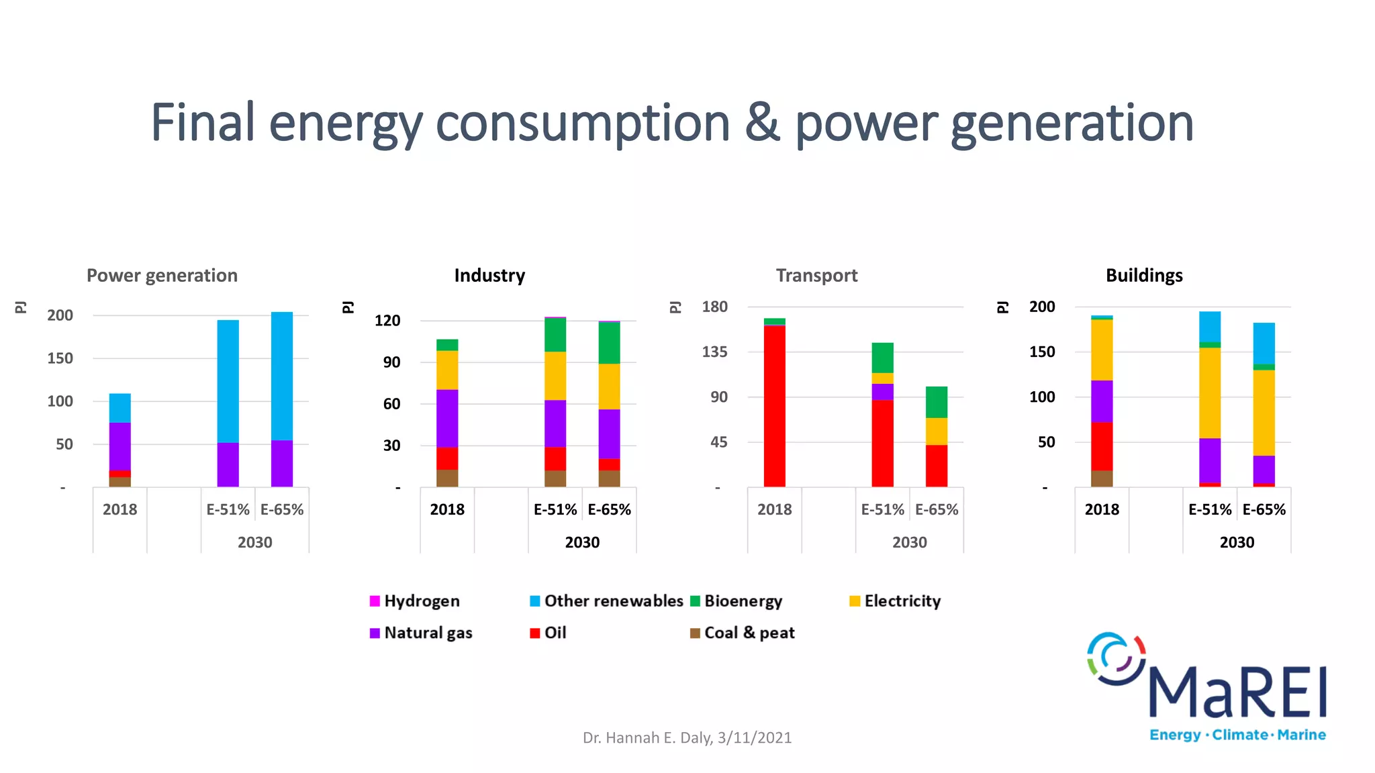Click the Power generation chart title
tap(162, 276)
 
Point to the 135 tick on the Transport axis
tap(714, 352)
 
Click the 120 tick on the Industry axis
tap(387, 321)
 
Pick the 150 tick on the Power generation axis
tap(60, 358)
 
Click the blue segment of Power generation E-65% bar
tap(282, 376)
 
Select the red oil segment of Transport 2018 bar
tap(774, 406)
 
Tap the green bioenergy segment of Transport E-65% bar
tap(936, 402)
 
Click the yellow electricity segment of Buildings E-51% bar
tap(1210, 393)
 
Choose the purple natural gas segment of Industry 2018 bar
tap(447, 418)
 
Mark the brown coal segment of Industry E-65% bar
tap(609, 478)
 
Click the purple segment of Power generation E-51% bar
tap(228, 464)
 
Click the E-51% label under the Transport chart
tap(882, 510)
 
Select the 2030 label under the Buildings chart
tap(1237, 542)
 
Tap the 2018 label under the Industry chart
tap(447, 510)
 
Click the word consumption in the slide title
tap(582, 123)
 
